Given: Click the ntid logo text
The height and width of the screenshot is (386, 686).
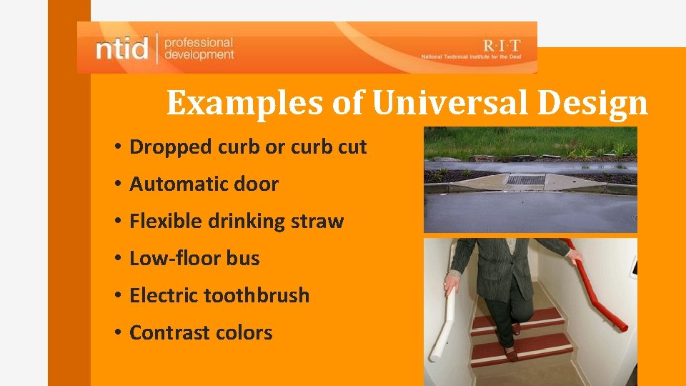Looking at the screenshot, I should click(x=122, y=49).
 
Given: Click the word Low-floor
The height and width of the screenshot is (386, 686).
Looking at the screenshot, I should click(x=175, y=259).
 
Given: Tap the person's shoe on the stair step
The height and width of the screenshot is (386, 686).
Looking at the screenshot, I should click(x=512, y=352).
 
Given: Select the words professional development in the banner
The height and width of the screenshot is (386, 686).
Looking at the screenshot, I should click(x=199, y=49).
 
